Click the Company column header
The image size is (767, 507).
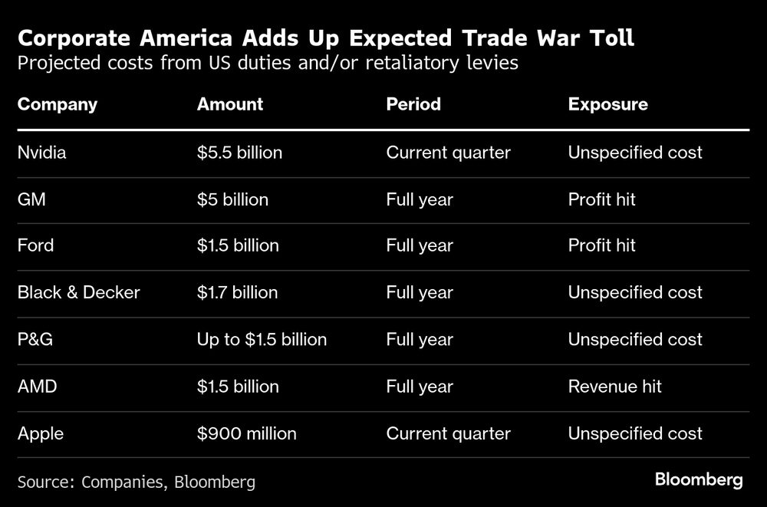(x=57, y=104)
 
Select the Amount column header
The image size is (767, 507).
(x=229, y=104)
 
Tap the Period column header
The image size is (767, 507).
(x=413, y=104)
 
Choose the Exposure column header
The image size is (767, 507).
(x=607, y=104)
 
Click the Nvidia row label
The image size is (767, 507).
(x=41, y=153)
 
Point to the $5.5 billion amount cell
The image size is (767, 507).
(x=239, y=153)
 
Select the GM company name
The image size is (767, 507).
(x=31, y=199)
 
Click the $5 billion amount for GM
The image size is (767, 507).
(x=232, y=199)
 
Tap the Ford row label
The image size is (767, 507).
(x=35, y=245)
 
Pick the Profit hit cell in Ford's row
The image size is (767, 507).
(x=601, y=245)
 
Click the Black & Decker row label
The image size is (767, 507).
(x=78, y=292)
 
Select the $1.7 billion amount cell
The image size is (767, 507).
(x=237, y=292)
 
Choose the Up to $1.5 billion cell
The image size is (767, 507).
(x=262, y=340)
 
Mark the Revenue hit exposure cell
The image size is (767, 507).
(x=614, y=387)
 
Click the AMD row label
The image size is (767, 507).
(x=37, y=387)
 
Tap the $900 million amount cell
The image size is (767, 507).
(x=246, y=433)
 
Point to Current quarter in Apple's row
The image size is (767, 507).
(x=448, y=433)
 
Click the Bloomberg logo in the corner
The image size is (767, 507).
(x=699, y=480)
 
